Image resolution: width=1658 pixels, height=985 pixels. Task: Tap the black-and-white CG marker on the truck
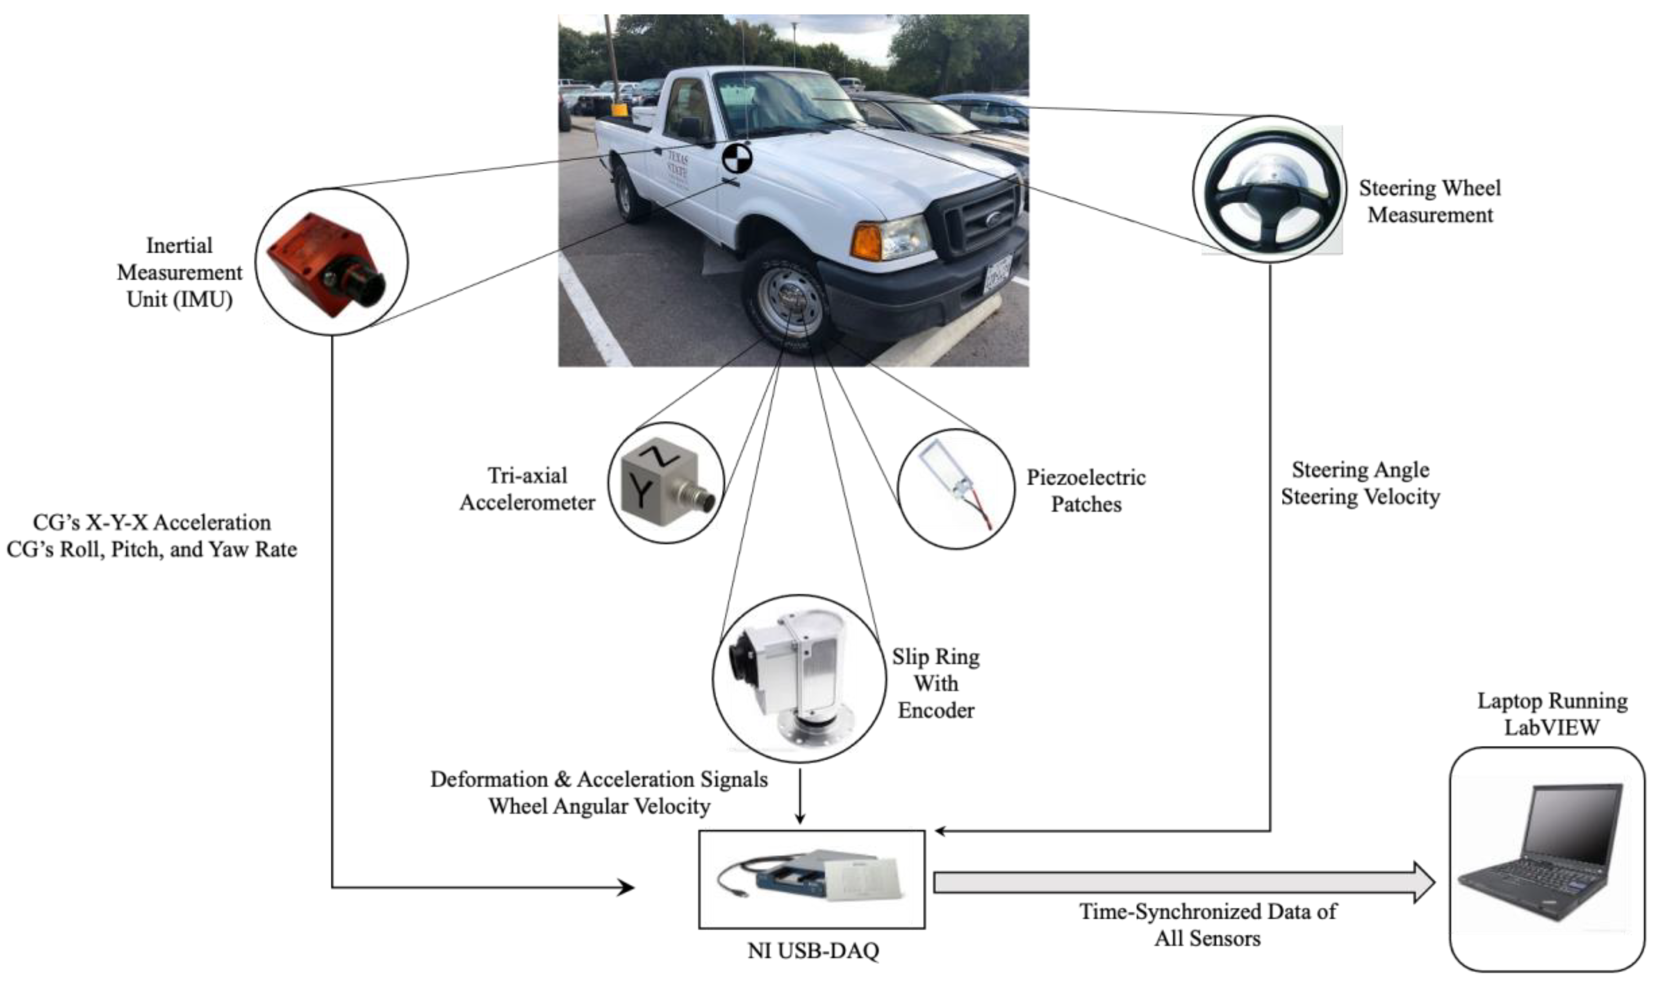point(737,159)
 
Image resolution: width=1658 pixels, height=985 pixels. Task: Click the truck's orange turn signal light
point(866,242)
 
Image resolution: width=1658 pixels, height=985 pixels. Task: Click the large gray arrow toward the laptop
point(1182,882)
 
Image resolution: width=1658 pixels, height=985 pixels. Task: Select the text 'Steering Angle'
point(1360,469)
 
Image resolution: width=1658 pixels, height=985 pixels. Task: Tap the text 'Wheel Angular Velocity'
point(599,806)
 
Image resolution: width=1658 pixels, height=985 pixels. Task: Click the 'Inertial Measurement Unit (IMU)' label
point(179,272)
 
